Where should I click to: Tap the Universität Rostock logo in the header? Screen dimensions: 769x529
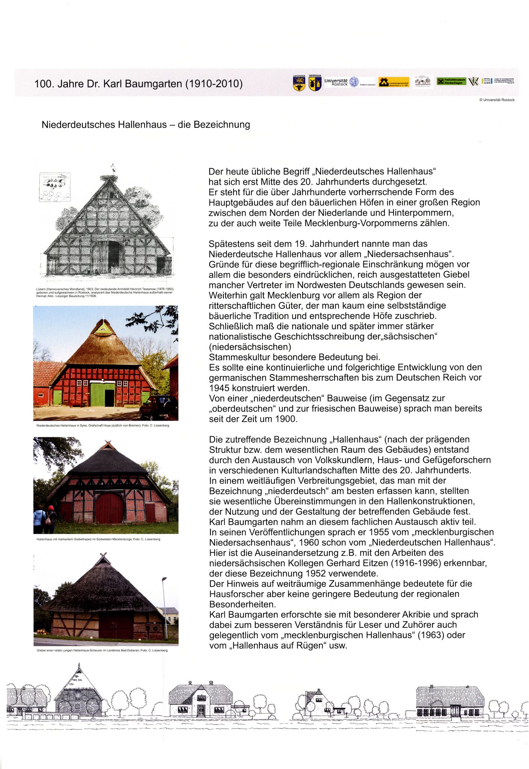point(341,82)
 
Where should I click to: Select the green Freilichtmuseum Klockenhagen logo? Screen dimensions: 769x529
point(451,81)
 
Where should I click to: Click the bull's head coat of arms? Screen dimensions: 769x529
point(299,83)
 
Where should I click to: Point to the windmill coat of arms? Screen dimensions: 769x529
point(315,83)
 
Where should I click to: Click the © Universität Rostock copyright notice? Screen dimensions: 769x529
point(497,100)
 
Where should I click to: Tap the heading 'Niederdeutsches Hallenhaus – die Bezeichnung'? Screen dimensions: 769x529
point(146,124)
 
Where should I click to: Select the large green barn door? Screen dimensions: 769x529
point(102,394)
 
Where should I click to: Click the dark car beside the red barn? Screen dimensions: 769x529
point(159,408)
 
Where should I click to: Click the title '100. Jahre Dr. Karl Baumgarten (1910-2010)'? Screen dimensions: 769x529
point(138,83)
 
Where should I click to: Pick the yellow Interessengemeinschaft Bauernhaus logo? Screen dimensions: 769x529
point(393,82)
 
